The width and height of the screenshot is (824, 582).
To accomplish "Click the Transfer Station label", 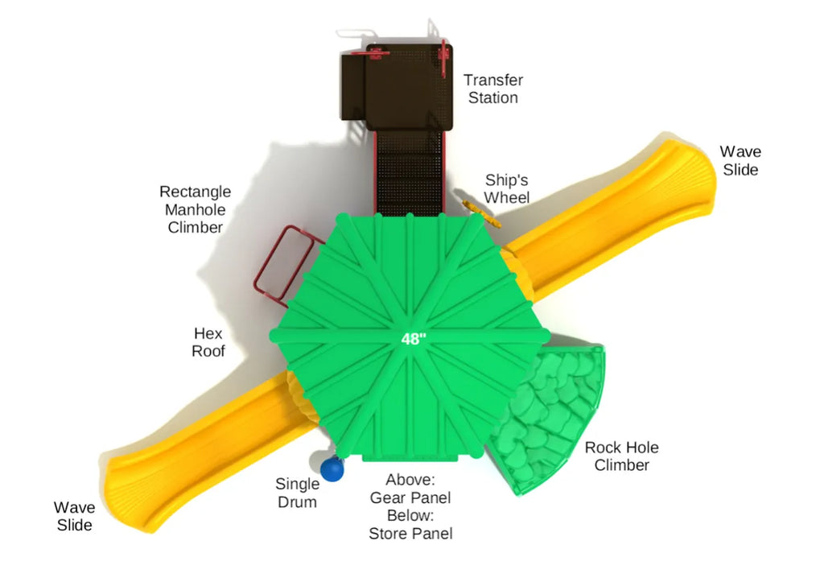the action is tap(493, 89).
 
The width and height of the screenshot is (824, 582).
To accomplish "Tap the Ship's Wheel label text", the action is tap(507, 188).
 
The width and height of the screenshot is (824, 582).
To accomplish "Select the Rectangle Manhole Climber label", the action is tap(195, 209).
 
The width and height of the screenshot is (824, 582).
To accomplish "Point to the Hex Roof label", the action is tap(208, 342).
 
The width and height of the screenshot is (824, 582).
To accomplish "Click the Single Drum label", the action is tap(298, 493).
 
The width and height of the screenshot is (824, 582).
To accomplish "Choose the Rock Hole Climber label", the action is tap(622, 456).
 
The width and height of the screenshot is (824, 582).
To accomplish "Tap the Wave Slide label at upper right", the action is tap(740, 160).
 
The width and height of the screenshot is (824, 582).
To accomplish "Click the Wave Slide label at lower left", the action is tap(74, 516).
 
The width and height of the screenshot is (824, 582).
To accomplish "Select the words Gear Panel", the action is tap(410, 497).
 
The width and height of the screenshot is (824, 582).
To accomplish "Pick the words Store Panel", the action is tap(410, 534).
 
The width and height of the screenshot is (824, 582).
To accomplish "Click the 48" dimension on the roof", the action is tap(414, 339).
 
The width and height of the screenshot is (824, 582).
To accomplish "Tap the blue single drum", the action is tap(332, 469).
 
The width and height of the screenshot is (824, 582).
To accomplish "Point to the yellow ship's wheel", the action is tap(481, 214).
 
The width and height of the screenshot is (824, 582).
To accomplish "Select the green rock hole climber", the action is tap(546, 418).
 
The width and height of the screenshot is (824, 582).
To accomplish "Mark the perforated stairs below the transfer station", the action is tap(410, 174).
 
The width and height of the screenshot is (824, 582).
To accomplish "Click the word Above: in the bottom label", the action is tap(410, 480).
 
